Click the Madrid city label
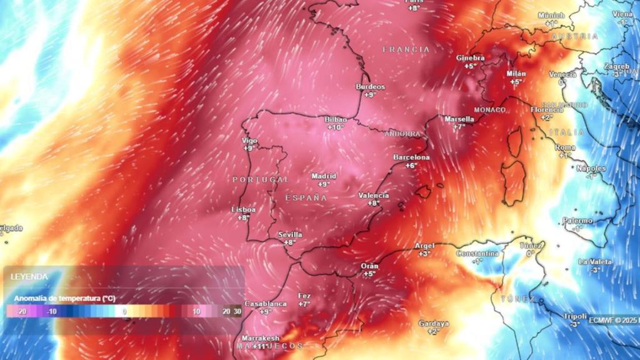coord(324,176)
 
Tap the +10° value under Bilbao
coord(336,127)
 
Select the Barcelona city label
coord(411,157)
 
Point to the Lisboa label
coord(243,210)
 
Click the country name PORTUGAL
coord(261,179)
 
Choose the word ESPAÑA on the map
coord(306,197)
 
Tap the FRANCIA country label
coord(406,49)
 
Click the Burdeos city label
coord(370,87)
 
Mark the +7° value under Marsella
coord(459,127)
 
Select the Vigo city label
coord(249,141)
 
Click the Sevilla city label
coord(290,235)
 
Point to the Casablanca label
coord(266,303)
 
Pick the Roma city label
coord(565,147)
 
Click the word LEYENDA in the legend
coord(29,276)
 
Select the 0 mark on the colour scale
coord(124,311)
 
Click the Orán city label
coord(369,266)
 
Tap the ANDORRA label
coord(402,134)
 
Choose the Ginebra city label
coord(470,58)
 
